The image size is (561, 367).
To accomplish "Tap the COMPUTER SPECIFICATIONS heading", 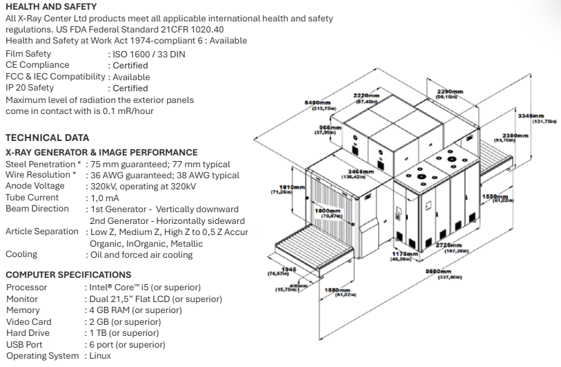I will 58,274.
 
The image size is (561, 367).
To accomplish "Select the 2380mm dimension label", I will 515,136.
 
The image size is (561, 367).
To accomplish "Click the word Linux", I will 100,356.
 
